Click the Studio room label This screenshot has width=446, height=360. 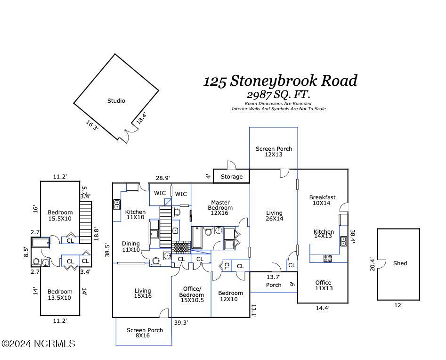[x=116, y=100]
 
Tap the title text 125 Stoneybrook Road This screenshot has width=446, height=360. [x=280, y=81]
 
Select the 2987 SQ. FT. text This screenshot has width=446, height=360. [x=278, y=95]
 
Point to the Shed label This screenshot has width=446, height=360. [x=400, y=263]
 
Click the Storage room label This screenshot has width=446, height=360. [x=232, y=177]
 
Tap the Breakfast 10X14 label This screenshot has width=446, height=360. [x=322, y=200]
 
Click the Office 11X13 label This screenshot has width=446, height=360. [x=323, y=286]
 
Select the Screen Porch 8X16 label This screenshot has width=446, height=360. [x=145, y=333]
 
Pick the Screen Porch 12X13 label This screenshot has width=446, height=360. [x=274, y=151]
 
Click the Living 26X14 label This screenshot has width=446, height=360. [x=274, y=216]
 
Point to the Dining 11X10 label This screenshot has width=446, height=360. [x=130, y=246]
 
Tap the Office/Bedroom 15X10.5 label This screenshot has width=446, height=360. [x=191, y=295]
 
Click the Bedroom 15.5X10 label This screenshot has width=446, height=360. [x=60, y=215]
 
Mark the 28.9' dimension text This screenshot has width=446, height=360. [x=162, y=178]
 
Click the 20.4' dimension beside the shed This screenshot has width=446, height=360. [x=372, y=264]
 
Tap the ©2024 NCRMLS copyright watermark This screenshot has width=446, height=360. [x=38, y=344]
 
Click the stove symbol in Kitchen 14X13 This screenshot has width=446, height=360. [x=327, y=258]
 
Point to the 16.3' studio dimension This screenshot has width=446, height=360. [x=92, y=125]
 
